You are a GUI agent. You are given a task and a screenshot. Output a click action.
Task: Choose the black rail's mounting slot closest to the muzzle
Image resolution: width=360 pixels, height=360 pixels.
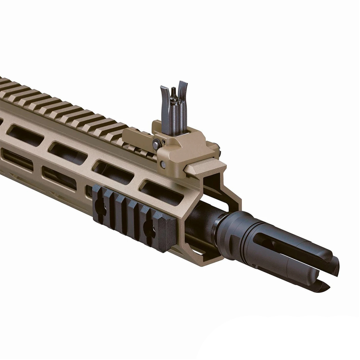(148, 226)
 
